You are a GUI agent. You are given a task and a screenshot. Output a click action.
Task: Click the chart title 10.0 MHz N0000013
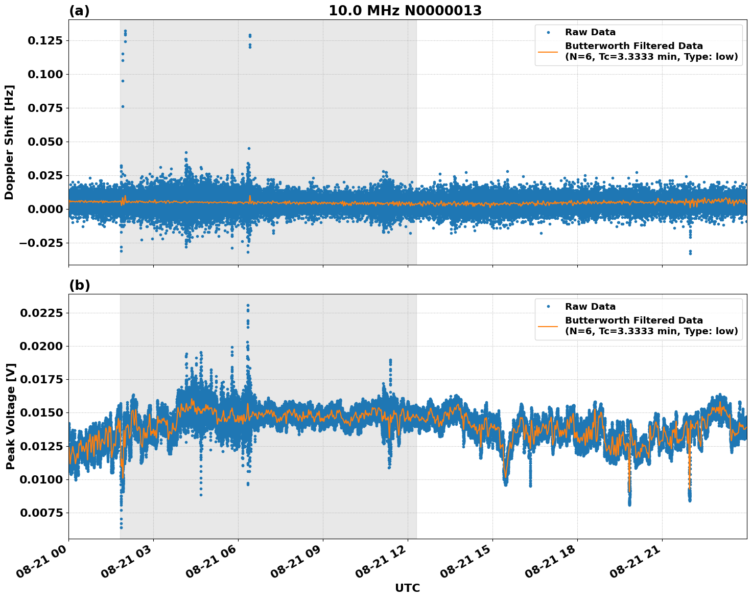[x=405, y=11]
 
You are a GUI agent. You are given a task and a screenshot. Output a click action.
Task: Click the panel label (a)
[x=79, y=11]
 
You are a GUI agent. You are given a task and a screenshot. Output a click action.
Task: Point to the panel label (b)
[x=79, y=285]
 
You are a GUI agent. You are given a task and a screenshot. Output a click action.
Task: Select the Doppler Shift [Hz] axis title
[x=9, y=142]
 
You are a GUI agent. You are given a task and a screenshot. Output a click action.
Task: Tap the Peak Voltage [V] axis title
[x=10, y=416]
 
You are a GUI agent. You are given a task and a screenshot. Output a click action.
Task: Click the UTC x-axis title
[x=407, y=588]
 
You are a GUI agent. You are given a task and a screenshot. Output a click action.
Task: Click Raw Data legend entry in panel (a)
[x=590, y=32]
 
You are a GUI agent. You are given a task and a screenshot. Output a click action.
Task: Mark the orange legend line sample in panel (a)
[x=548, y=51]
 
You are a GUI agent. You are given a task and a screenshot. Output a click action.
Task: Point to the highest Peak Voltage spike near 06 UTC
[x=248, y=306]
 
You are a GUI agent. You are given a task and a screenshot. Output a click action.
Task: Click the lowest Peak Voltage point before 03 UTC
[x=121, y=527]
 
